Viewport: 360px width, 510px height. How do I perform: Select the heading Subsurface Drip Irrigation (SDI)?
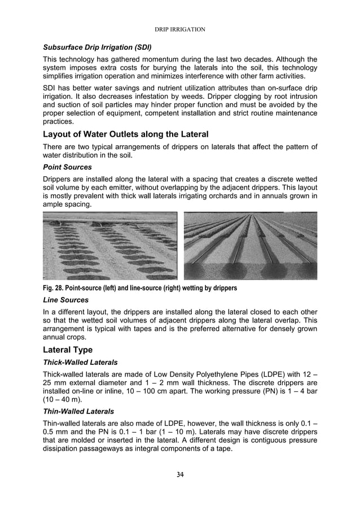(x=96, y=46)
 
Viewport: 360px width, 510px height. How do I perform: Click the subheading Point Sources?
(x=66, y=168)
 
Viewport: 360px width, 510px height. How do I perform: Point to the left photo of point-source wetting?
(x=110, y=246)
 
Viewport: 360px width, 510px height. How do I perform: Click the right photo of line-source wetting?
(x=251, y=246)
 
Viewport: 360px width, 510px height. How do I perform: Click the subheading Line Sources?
(x=65, y=300)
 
